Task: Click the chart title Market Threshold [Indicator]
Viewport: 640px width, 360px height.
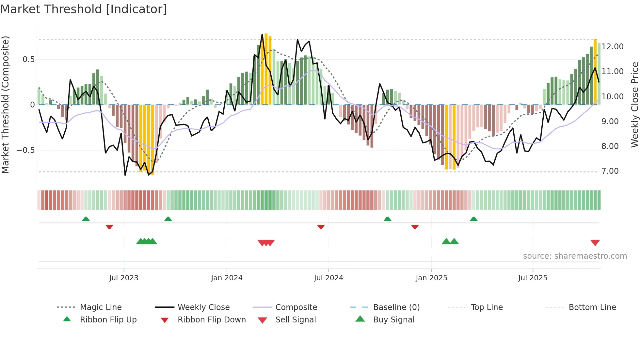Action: pyautogui.click(x=84, y=9)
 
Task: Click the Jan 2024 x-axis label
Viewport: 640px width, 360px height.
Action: pyautogui.click(x=227, y=278)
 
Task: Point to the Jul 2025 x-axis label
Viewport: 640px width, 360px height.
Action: pyautogui.click(x=533, y=278)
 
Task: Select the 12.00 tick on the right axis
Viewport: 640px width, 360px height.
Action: pyautogui.click(x=613, y=47)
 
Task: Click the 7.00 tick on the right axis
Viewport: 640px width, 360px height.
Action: pyautogui.click(x=610, y=171)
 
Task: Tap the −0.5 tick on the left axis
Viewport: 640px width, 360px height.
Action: pyautogui.click(x=26, y=150)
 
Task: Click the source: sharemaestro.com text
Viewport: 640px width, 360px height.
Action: pyautogui.click(x=575, y=256)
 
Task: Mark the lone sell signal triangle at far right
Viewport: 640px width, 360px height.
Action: pyautogui.click(x=595, y=243)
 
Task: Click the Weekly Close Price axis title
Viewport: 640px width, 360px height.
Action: pyautogui.click(x=634, y=105)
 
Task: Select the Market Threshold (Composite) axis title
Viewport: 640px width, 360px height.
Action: pyautogui.click(x=5, y=105)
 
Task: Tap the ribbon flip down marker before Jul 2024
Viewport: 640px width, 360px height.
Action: pyautogui.click(x=321, y=227)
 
